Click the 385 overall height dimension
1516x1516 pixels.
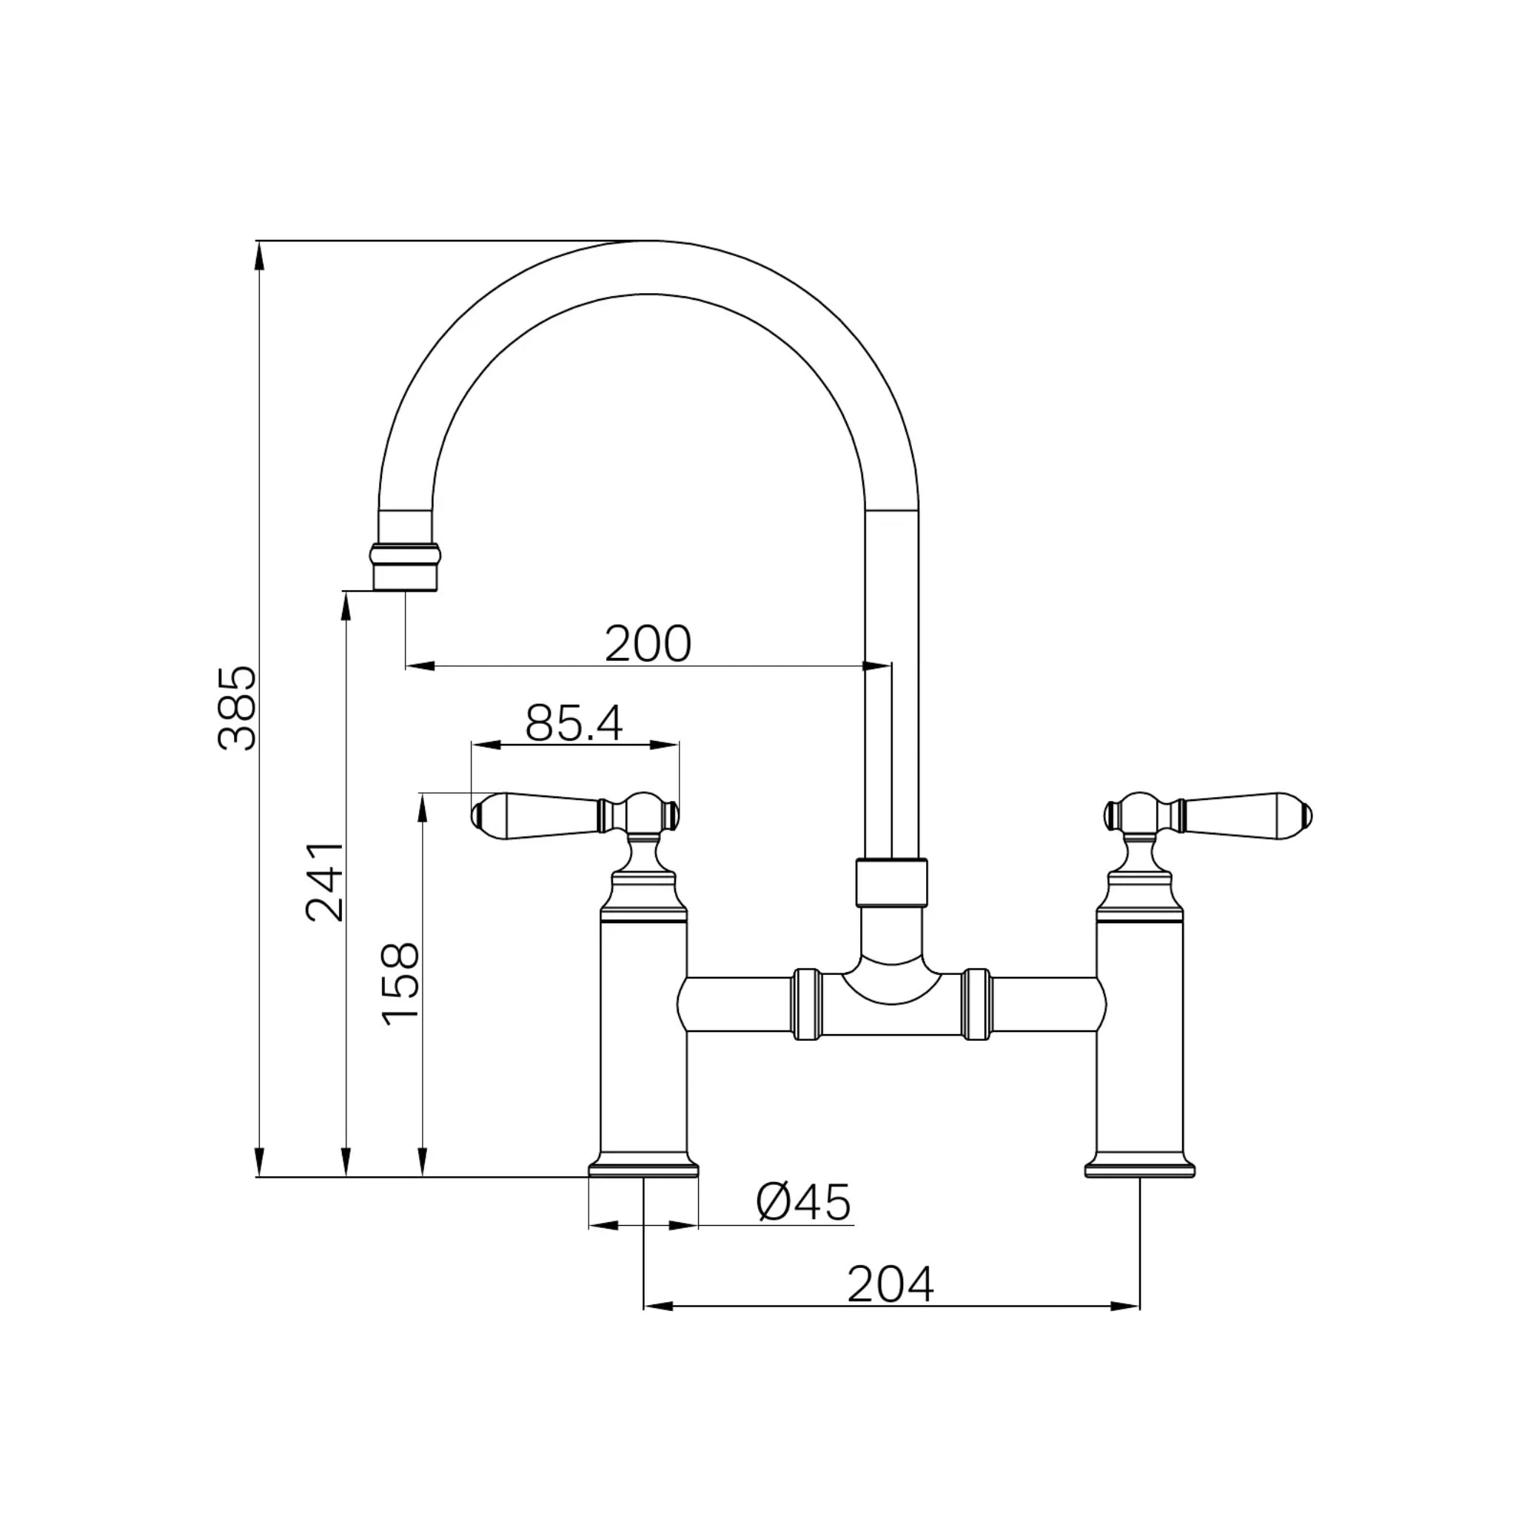point(236,708)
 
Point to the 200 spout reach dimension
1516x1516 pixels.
point(648,644)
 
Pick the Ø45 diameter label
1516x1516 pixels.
point(803,1202)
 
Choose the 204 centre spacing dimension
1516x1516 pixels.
point(891,1284)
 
